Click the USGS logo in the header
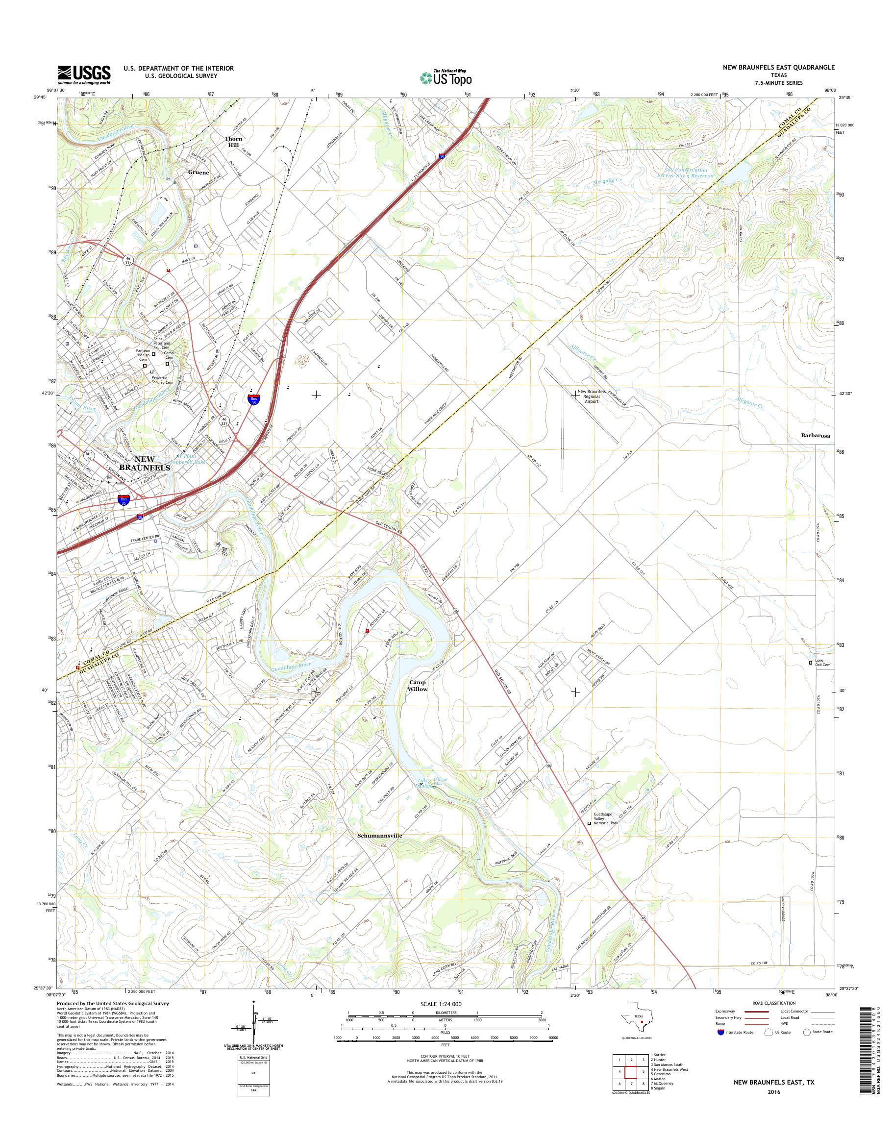point(84,74)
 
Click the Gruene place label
point(199,172)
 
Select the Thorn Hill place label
point(233,142)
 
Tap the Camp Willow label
point(418,686)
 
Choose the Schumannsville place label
point(380,836)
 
